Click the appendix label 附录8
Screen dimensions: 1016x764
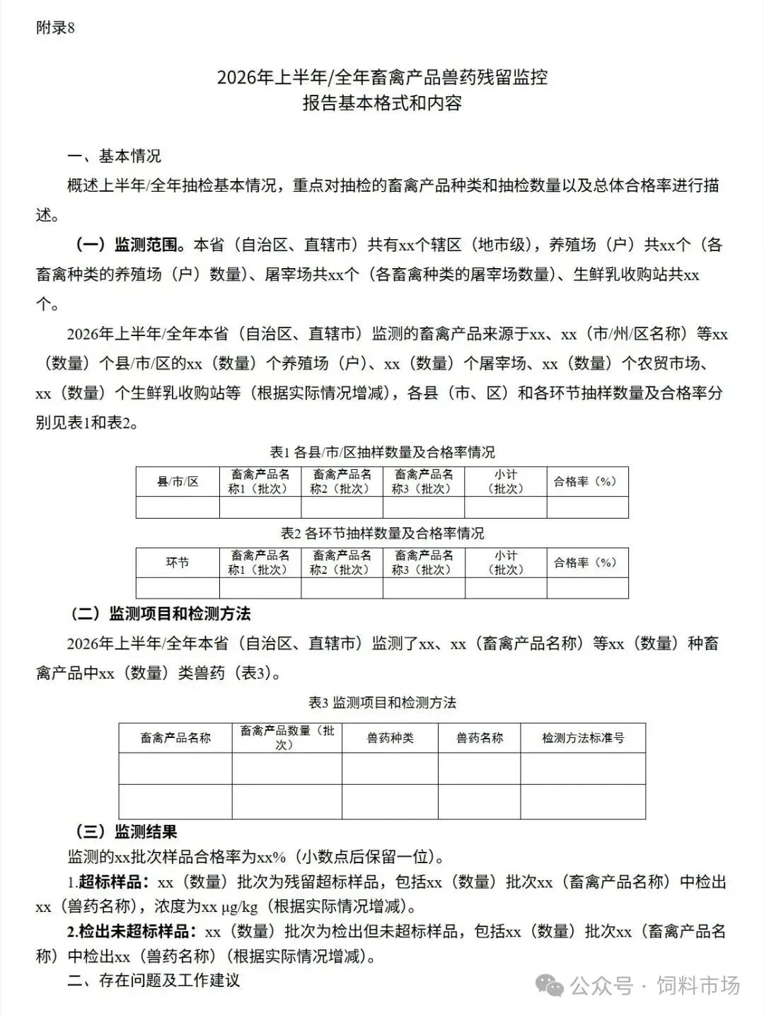point(55,28)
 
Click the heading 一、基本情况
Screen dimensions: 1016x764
point(114,155)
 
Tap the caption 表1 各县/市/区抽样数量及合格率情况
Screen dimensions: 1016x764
point(382,451)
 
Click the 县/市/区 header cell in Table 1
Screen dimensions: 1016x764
point(178,482)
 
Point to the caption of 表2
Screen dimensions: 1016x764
point(382,533)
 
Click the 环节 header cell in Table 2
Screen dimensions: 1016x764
point(178,563)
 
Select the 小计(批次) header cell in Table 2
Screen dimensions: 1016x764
point(505,563)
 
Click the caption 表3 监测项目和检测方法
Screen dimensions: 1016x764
point(382,703)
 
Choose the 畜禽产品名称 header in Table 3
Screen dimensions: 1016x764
point(175,738)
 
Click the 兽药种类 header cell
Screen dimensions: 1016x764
point(390,738)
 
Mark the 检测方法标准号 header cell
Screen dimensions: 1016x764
point(583,738)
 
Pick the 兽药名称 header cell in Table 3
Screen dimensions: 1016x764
point(479,738)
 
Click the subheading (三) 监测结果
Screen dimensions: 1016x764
point(126,832)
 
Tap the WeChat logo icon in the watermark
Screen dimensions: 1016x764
point(550,986)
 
